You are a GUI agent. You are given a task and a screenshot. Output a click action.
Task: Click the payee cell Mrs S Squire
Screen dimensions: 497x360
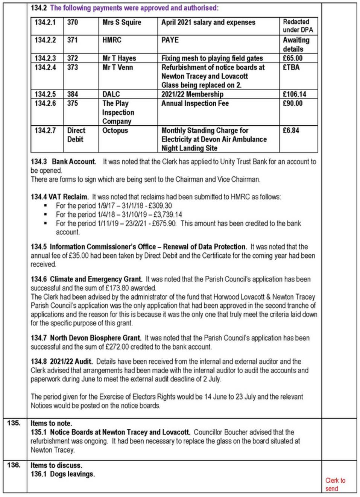pos(122,23)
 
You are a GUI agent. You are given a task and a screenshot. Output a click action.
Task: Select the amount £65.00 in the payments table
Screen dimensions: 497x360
pos(293,58)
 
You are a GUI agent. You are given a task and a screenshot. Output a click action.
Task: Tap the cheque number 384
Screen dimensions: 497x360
pos(73,94)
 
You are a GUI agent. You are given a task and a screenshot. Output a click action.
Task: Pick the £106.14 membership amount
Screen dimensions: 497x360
pos(295,94)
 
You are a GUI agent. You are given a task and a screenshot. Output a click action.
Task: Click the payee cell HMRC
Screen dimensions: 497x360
pos(112,40)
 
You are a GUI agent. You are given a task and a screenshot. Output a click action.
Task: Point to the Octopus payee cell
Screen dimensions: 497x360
pos(115,131)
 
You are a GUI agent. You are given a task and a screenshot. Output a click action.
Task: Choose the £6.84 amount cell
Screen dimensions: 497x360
pos(291,131)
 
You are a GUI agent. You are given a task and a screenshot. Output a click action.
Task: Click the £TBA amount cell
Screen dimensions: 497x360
pos(291,68)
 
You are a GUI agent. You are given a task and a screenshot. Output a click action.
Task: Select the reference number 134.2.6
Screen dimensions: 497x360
pos(45,103)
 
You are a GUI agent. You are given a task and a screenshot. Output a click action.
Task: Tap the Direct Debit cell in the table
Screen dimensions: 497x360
pos(76,135)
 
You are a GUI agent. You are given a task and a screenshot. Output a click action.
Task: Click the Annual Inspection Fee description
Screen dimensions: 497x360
pos(195,103)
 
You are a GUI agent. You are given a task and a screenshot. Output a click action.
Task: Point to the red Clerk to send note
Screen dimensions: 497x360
pos(335,485)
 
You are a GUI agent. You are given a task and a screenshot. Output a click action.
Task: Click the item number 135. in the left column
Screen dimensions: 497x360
pos(14,423)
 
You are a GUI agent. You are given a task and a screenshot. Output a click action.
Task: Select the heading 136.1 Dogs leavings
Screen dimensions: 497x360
pos(63,474)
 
